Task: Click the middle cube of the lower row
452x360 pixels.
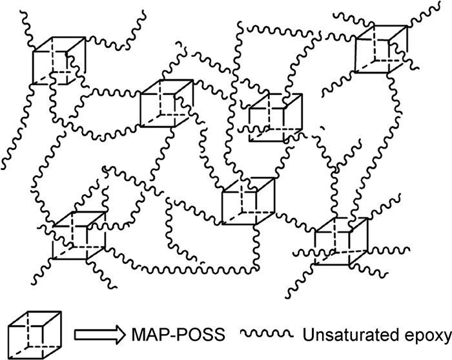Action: [249, 200]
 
